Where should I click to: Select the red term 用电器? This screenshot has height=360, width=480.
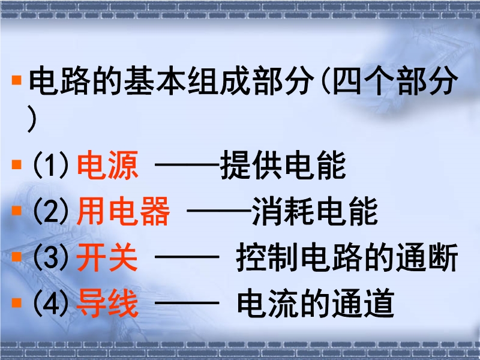pos(123,211)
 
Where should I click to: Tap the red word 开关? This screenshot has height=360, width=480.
pos(107,257)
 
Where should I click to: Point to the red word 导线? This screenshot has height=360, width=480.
pos(107,303)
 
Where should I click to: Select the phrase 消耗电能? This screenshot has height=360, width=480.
pos(315,211)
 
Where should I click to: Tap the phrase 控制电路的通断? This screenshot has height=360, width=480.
pos(347,257)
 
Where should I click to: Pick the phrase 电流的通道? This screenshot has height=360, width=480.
pos(316,303)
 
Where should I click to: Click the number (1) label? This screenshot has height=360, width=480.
pos(50,166)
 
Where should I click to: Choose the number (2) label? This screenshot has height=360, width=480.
pos(50,211)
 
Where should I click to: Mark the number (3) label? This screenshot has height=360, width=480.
pos(50,257)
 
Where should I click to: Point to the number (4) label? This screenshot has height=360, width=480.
pos(50,304)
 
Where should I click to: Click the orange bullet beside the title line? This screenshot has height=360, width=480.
pos(17,80)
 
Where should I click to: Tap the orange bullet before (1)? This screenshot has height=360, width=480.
pos(17,164)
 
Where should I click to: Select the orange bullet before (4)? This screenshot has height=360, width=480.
pos(17,303)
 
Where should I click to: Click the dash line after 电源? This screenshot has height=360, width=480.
pos(188,164)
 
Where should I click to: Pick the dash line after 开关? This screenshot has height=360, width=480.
pos(187,257)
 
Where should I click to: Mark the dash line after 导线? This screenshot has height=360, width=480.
pos(187,303)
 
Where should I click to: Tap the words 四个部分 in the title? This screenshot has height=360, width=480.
pos(395,80)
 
